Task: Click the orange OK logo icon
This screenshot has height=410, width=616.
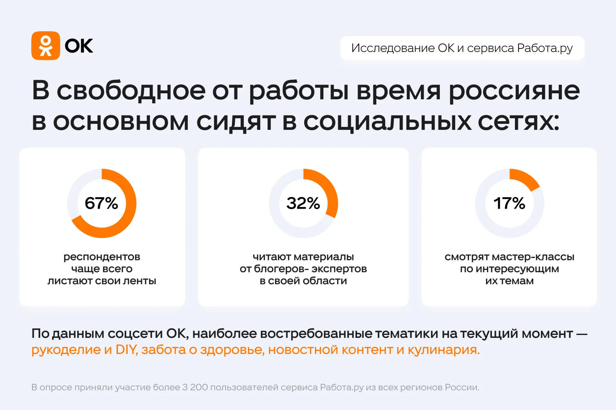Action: (46, 46)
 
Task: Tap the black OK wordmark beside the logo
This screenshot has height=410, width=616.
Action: (79, 46)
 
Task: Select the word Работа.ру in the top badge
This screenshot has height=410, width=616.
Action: (545, 48)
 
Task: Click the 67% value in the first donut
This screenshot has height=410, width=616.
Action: (101, 203)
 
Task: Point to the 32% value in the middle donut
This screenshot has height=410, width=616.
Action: (303, 203)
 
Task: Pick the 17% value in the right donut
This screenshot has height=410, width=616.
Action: (509, 203)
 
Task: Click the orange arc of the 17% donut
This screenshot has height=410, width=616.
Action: (526, 178)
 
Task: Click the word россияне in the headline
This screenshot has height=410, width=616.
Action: (514, 91)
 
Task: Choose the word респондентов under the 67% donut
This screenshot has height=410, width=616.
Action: (102, 257)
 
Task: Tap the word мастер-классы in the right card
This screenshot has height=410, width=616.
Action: (533, 257)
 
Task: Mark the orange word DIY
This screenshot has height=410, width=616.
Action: (126, 350)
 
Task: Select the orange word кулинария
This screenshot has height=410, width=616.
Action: (444, 350)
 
